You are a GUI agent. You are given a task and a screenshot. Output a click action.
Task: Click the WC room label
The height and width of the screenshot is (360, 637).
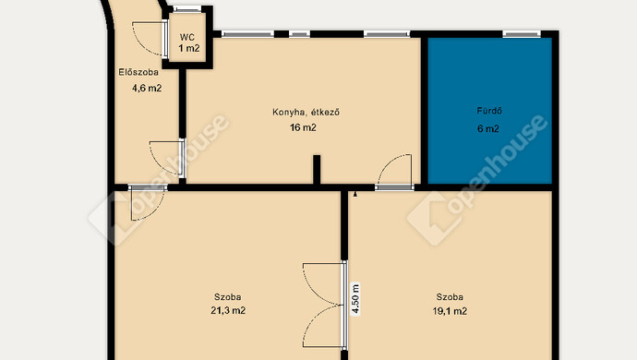(x=187, y=38)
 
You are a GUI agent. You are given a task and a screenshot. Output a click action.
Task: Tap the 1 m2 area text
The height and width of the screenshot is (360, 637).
(x=189, y=48)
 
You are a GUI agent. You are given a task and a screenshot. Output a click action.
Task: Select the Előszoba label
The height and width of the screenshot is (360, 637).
(x=138, y=72)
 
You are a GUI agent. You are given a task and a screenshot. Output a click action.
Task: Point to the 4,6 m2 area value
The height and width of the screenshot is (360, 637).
(x=147, y=88)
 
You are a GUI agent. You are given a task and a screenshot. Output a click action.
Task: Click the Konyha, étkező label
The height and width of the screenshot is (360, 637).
(x=306, y=112)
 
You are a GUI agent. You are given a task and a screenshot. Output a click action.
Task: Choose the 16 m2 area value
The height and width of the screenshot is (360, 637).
(x=303, y=127)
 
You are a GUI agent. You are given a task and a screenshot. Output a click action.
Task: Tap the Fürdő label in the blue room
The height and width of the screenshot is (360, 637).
(x=489, y=111)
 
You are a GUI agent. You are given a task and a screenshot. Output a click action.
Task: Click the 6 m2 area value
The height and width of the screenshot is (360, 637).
(x=488, y=129)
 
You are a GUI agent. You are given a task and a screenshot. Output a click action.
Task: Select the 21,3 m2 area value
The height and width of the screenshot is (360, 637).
(x=228, y=311)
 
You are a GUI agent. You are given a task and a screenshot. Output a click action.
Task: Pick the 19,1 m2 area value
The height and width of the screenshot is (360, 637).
(x=450, y=312)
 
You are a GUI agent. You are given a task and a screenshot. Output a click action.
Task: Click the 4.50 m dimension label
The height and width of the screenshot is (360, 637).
(x=355, y=299)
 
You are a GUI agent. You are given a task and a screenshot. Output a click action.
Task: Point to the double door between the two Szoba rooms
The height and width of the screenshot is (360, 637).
(x=325, y=305)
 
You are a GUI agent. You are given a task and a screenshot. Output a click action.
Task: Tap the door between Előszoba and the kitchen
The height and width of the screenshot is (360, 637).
(x=167, y=159)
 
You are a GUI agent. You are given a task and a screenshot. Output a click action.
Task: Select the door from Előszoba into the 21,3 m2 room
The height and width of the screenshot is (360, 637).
(x=148, y=202)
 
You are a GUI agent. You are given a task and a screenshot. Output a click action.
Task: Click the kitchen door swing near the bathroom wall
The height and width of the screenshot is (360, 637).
(x=394, y=172)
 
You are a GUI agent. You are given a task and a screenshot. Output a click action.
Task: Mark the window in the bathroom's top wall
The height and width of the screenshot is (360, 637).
(x=522, y=34)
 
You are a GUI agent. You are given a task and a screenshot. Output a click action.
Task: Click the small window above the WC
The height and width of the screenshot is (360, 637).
(x=186, y=9)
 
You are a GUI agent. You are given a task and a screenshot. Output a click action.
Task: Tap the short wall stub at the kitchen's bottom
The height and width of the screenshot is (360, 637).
(x=317, y=170)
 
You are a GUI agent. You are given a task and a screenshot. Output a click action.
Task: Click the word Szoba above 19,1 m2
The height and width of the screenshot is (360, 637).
(x=450, y=297)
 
